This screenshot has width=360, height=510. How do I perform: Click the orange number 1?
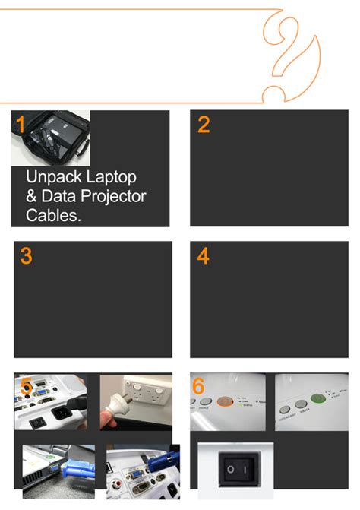(x=21, y=125)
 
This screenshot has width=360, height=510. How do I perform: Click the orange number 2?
(x=203, y=125)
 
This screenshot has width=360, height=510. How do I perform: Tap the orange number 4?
(x=203, y=256)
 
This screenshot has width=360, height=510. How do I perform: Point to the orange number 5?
(x=27, y=387)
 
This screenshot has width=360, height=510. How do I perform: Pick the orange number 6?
(x=198, y=387)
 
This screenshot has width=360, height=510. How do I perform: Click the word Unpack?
(x=54, y=178)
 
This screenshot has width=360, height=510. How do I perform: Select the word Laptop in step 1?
(x=111, y=177)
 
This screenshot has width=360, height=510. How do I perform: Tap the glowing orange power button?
(x=226, y=401)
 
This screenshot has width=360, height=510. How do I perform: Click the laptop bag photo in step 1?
(x=50, y=138)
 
